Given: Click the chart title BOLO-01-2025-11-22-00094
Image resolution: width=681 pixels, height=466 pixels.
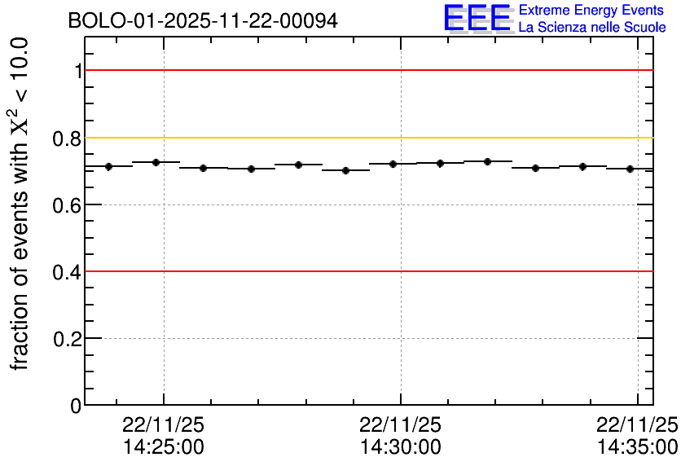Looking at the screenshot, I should click(x=203, y=21).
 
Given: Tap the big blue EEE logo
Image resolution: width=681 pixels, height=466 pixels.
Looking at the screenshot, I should click(x=477, y=19).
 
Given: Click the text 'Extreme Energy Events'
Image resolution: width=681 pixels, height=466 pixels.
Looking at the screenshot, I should click(x=592, y=11).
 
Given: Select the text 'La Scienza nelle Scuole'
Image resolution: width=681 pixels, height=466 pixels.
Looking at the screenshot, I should click(x=592, y=28).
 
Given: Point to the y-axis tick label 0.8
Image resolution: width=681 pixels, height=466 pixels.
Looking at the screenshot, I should click(x=68, y=138).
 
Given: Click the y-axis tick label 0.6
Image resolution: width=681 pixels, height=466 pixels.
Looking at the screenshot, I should click(x=68, y=205).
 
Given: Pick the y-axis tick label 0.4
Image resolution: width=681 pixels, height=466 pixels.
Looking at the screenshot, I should click(x=68, y=272).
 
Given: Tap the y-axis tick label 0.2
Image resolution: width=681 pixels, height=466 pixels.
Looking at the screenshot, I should click(x=68, y=339).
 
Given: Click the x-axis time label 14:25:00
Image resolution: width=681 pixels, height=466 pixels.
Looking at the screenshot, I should click(x=164, y=447).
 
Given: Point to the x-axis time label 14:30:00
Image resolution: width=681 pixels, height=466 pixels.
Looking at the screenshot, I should click(x=401, y=447).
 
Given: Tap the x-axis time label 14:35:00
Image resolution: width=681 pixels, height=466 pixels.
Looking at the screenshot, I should click(x=637, y=447).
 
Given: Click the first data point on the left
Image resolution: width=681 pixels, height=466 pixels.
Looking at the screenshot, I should click(x=108, y=166).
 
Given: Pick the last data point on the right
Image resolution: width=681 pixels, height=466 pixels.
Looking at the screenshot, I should click(x=630, y=169).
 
